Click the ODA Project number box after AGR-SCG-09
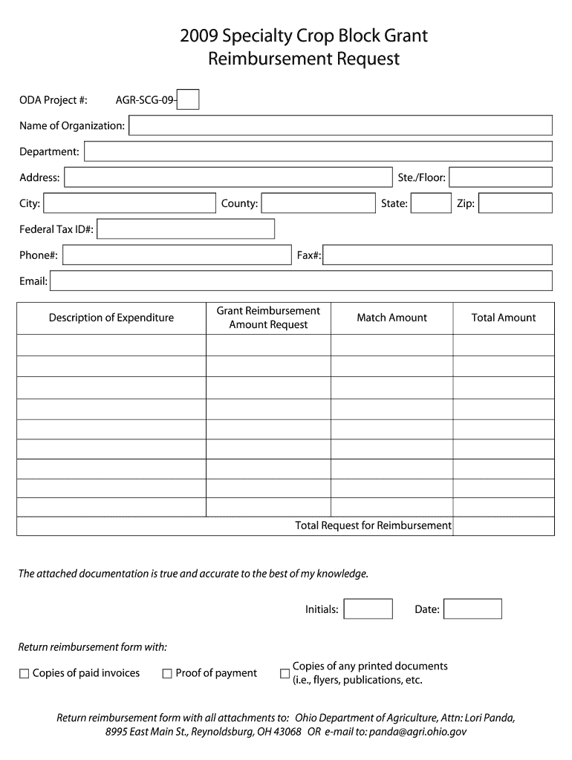click(x=189, y=99)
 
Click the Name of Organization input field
click(x=340, y=125)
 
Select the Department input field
click(x=318, y=151)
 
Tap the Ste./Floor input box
click(x=500, y=177)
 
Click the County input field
click(x=318, y=203)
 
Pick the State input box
click(x=431, y=203)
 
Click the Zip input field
click(x=515, y=203)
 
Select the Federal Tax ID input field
click(x=186, y=229)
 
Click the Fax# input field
click(x=438, y=255)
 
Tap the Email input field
click(x=301, y=281)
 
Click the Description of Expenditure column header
click(x=111, y=318)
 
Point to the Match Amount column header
click(x=391, y=318)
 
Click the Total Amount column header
click(x=503, y=318)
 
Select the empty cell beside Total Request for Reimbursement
click(x=503, y=525)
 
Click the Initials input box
click(x=368, y=609)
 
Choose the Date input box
click(x=472, y=609)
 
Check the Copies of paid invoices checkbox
click(x=25, y=674)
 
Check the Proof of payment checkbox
click(x=167, y=674)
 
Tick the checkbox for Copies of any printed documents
click(x=285, y=674)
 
